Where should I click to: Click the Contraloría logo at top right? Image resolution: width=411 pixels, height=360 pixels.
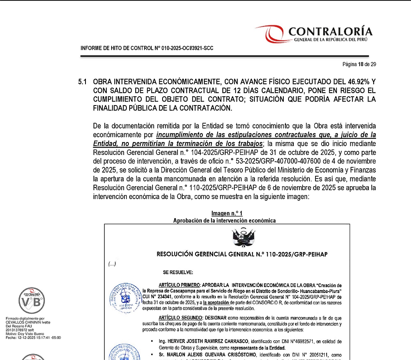[313, 34]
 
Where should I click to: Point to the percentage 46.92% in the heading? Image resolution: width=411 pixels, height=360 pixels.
[352, 81]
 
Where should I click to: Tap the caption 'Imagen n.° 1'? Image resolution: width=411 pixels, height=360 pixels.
[227, 214]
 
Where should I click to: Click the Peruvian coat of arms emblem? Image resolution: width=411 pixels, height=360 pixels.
[244, 238]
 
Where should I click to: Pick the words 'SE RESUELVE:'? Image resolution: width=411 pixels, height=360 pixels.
[178, 273]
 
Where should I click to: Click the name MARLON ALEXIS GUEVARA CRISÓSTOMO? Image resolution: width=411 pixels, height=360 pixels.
[216, 355]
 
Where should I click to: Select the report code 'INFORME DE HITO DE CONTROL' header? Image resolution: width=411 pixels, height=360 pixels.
[147, 49]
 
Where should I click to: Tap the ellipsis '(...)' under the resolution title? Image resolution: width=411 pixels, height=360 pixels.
[112, 264]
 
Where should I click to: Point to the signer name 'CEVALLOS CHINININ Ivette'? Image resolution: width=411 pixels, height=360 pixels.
[28, 322]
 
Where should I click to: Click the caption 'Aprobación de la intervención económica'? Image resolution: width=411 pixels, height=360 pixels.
[224, 220]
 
